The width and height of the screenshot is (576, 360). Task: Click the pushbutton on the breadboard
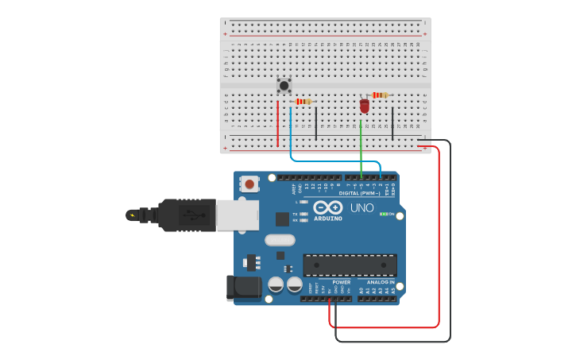pos(284,84)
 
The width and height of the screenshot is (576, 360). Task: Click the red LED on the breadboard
pos(365,104)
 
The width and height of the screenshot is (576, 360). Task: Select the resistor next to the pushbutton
pos(303,102)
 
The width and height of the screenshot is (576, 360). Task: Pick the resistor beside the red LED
pos(381,95)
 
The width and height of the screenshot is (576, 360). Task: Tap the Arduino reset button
pos(249,184)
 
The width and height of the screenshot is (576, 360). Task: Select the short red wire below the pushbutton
pos(277,123)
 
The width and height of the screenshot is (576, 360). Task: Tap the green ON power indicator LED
pos(382,214)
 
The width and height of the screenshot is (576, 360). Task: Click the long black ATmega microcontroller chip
pos(350,265)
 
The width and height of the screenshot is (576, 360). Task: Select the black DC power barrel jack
pos(244,288)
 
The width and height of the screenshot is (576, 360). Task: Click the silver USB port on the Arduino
pos(238,215)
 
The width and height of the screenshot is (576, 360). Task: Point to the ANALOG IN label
pos(381,282)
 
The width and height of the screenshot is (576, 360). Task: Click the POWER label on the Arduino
pos(342,282)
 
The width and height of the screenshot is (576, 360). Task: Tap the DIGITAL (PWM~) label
pos(359,193)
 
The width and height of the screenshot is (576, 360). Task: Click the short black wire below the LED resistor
pos(392,123)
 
